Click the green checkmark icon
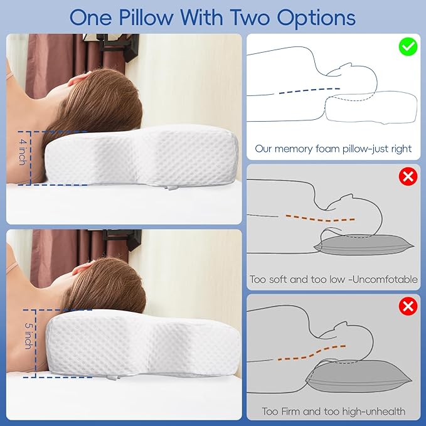pos(407,46)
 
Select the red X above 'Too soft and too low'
pos(408,176)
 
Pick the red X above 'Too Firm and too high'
pos(408,307)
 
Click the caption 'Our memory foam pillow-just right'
pos(333,149)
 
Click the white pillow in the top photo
pos(144,157)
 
